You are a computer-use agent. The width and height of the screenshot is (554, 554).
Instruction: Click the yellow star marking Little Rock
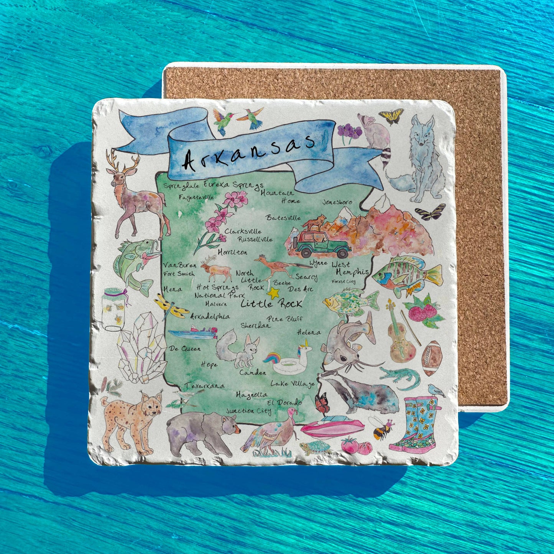pyautogui.click(x=273, y=293)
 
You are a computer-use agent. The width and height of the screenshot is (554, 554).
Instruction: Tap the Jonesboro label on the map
pyautogui.click(x=337, y=202)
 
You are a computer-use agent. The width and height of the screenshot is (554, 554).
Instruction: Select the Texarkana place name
pyautogui.click(x=205, y=386)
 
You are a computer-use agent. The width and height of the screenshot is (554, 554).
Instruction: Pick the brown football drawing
pyautogui.click(x=432, y=358)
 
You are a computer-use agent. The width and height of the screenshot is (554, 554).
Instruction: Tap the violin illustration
pyautogui.click(x=400, y=334)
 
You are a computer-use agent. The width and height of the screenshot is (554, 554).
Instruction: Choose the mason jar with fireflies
pyautogui.click(x=114, y=309)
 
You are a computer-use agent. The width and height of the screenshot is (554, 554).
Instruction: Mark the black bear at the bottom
pyautogui.click(x=201, y=431)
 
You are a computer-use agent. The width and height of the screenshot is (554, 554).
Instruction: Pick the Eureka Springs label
pyautogui.click(x=233, y=185)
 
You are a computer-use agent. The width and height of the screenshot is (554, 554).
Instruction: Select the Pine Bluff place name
pyautogui.click(x=285, y=319)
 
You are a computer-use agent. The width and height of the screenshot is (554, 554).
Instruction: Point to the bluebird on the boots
pyautogui.click(x=436, y=390)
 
